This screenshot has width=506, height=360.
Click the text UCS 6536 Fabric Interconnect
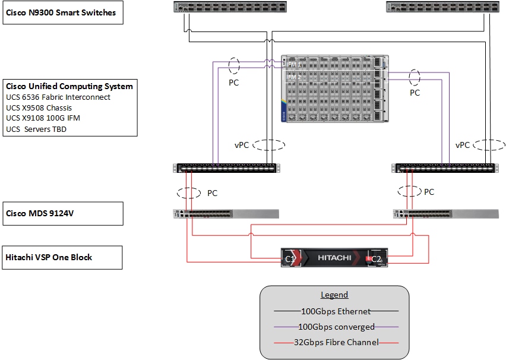58,97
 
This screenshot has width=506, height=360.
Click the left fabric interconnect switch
225,168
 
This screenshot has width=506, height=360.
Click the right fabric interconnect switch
444,168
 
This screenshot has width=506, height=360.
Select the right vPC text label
463,145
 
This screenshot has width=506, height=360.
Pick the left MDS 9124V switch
225,213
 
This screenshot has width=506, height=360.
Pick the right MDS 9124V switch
445,213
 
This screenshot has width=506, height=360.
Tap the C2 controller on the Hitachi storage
376,258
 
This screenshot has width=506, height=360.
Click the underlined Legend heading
334,295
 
